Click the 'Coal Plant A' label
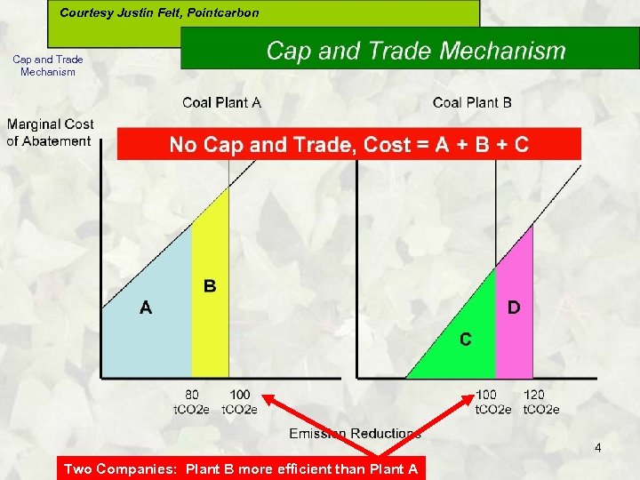221,103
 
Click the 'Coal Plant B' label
472,103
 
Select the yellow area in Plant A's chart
211,329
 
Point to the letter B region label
210,286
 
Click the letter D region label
514,308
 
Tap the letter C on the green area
466,339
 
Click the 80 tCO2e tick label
192,402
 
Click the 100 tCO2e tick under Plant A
239,402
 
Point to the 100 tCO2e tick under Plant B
492,402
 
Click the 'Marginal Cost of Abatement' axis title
50,132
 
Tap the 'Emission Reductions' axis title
355,434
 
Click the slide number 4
597,447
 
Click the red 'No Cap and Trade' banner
348,144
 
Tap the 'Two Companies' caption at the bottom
240,468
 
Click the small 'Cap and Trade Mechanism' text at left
48,66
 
